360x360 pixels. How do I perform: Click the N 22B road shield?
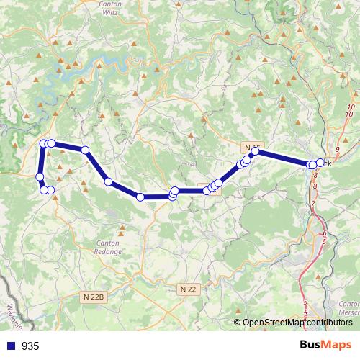point(94,295)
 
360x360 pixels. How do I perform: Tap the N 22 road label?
point(187,289)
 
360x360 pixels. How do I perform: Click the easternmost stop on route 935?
point(320,163)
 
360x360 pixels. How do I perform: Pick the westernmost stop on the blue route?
point(40,176)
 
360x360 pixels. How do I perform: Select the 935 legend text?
point(30,346)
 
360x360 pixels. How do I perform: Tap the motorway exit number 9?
point(337,148)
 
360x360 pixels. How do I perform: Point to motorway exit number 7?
point(313,204)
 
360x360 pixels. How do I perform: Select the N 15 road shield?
point(251,148)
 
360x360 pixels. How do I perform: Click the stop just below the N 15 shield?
point(255,152)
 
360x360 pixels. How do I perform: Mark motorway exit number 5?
point(305,301)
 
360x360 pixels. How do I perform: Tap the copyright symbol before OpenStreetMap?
point(238,323)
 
